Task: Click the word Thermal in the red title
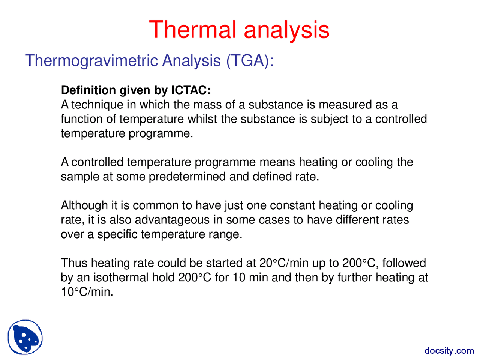click(193, 30)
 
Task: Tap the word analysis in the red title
click(286, 30)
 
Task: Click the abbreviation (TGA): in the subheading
click(250, 61)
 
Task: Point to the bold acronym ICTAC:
click(191, 90)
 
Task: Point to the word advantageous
click(172, 220)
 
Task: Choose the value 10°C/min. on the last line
click(87, 292)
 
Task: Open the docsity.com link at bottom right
click(449, 351)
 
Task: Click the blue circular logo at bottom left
click(25, 337)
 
